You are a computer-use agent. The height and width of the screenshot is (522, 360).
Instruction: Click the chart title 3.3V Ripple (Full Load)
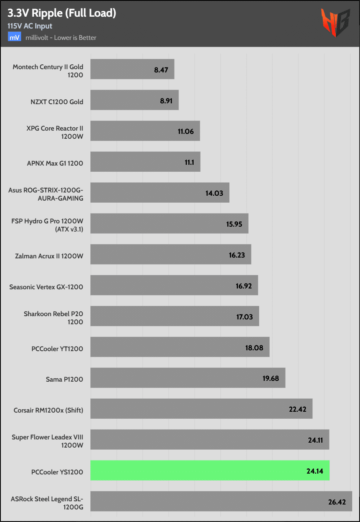(62, 13)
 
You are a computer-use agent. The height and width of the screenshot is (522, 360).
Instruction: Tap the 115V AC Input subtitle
(30, 26)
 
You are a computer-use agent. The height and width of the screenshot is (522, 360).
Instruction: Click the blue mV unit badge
(14, 37)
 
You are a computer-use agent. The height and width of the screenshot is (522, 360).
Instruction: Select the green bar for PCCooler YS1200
(210, 470)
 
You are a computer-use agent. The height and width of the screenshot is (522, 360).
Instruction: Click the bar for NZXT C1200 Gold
(134, 100)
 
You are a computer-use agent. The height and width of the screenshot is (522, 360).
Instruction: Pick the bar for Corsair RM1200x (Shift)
(201, 408)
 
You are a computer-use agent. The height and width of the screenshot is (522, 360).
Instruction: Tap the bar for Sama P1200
(188, 378)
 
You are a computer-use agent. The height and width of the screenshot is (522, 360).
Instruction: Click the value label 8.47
(161, 70)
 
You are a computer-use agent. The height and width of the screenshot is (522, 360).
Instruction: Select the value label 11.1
(189, 162)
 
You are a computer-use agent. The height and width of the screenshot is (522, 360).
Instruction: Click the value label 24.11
(315, 440)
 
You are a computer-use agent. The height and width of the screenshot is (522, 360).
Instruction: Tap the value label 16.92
(244, 286)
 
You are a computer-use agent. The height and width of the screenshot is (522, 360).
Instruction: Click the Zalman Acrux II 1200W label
(48, 256)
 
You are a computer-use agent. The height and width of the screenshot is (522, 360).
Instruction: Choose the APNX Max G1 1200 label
(55, 164)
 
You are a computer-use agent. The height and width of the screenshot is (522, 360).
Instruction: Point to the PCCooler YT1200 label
(57, 349)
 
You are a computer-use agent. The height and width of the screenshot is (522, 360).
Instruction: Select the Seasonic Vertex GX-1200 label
(46, 287)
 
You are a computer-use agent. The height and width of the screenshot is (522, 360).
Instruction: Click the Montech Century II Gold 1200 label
(48, 71)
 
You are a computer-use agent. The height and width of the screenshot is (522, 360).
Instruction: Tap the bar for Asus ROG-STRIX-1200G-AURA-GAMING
(159, 193)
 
